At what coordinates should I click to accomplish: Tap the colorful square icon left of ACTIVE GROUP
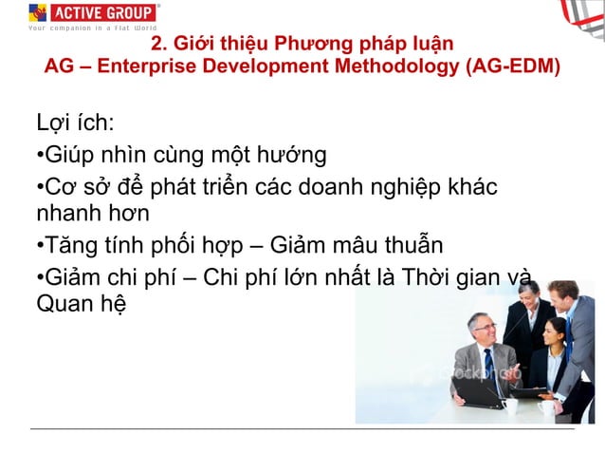[38, 11]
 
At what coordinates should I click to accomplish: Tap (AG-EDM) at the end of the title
[512, 67]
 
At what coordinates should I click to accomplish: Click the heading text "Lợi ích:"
[74, 123]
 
